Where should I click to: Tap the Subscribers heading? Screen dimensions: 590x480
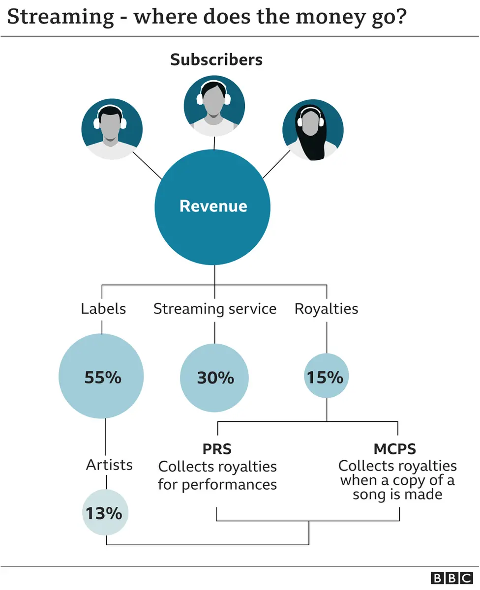pos(216,59)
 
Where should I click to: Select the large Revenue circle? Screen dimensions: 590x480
pos(213,206)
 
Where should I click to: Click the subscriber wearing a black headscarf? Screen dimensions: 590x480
pos(312,130)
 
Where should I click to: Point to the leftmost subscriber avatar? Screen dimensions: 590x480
pos(112,129)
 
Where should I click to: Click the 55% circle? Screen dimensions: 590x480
pos(102,377)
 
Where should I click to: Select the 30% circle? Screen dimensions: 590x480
pos(215,378)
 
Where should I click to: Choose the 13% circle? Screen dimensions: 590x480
pos(105,513)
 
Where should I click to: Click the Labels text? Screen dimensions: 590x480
pos(103,309)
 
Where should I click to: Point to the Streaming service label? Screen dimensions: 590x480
pos(215,309)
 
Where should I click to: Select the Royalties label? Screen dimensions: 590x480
pos(326,309)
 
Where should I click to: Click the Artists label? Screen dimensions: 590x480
pos(109,465)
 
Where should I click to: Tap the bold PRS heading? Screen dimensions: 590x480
pos(216,449)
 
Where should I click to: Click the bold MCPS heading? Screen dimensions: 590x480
pos(394,449)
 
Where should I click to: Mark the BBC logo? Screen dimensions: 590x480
pos(451,578)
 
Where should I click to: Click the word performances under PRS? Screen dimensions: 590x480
pos(229,485)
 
